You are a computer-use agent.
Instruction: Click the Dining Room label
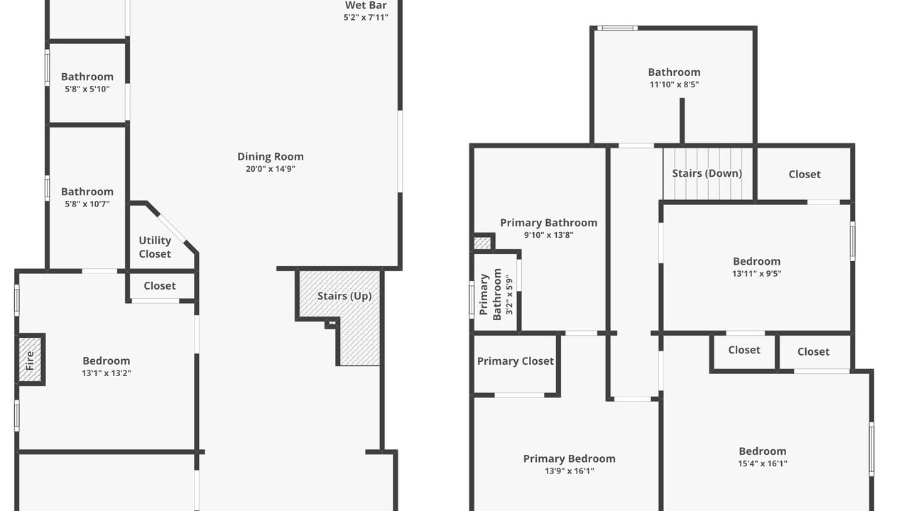tap(271, 157)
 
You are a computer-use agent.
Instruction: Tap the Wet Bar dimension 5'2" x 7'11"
tap(366, 18)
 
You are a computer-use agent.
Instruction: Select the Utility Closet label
tap(155, 247)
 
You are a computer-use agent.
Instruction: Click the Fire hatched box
tap(31, 359)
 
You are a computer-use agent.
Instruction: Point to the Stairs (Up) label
tap(344, 296)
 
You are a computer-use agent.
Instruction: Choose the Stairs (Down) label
tap(707, 174)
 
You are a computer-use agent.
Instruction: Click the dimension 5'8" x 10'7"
tap(87, 204)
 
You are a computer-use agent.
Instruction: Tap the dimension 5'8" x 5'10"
tap(87, 89)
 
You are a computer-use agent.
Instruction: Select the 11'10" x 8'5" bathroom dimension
tap(674, 84)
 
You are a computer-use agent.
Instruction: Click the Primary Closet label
tap(516, 361)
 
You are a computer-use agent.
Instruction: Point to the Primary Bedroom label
tap(569, 458)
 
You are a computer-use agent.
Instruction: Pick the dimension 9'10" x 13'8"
tap(549, 235)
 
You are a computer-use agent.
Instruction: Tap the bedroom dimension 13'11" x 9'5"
tap(756, 274)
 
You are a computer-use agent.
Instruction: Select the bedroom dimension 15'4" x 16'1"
tap(763, 463)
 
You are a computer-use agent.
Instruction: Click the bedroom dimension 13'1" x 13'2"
tap(107, 373)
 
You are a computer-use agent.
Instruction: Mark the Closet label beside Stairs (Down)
tap(805, 175)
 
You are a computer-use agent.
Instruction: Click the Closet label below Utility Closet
tap(160, 286)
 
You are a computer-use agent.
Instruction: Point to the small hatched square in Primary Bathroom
tap(482, 243)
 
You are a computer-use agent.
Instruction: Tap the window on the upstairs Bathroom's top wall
tap(617, 28)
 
